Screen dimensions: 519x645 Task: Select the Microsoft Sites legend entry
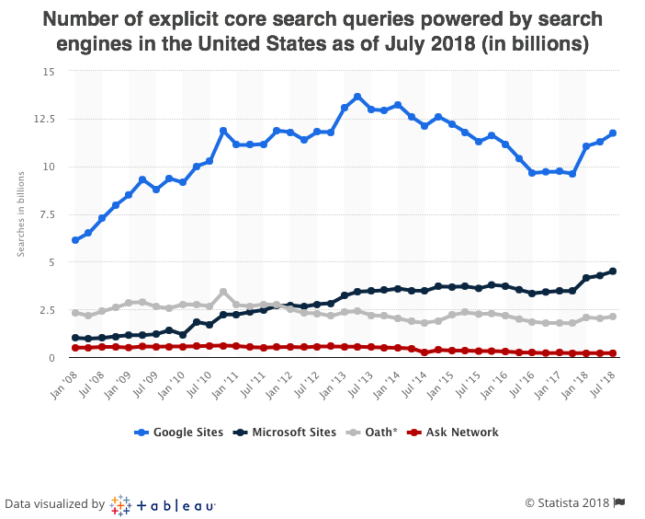pyautogui.click(x=287, y=432)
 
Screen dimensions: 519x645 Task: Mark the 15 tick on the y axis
pyautogui.click(x=49, y=72)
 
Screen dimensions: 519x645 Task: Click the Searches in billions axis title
pyautogui.click(x=21, y=213)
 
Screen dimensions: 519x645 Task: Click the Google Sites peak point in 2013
pyautogui.click(x=357, y=97)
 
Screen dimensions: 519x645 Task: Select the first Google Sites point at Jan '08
pyautogui.click(x=75, y=240)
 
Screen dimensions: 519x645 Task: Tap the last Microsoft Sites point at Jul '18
pyautogui.click(x=613, y=271)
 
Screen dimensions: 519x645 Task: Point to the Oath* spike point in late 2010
pyautogui.click(x=223, y=292)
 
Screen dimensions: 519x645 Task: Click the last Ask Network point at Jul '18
pyautogui.click(x=613, y=352)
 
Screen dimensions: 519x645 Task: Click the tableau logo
pyautogui.click(x=164, y=504)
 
